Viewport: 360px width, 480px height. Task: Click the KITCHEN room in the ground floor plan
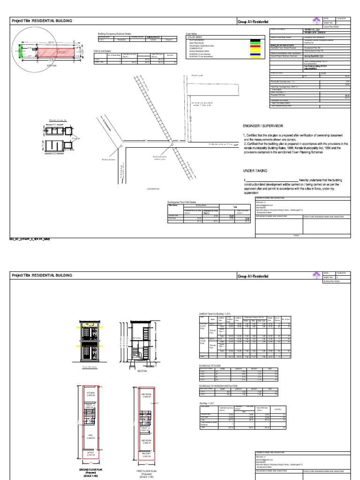(x=91, y=393)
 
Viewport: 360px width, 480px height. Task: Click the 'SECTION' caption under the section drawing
(x=142, y=370)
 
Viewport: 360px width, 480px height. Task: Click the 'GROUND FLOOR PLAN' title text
(x=90, y=469)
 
